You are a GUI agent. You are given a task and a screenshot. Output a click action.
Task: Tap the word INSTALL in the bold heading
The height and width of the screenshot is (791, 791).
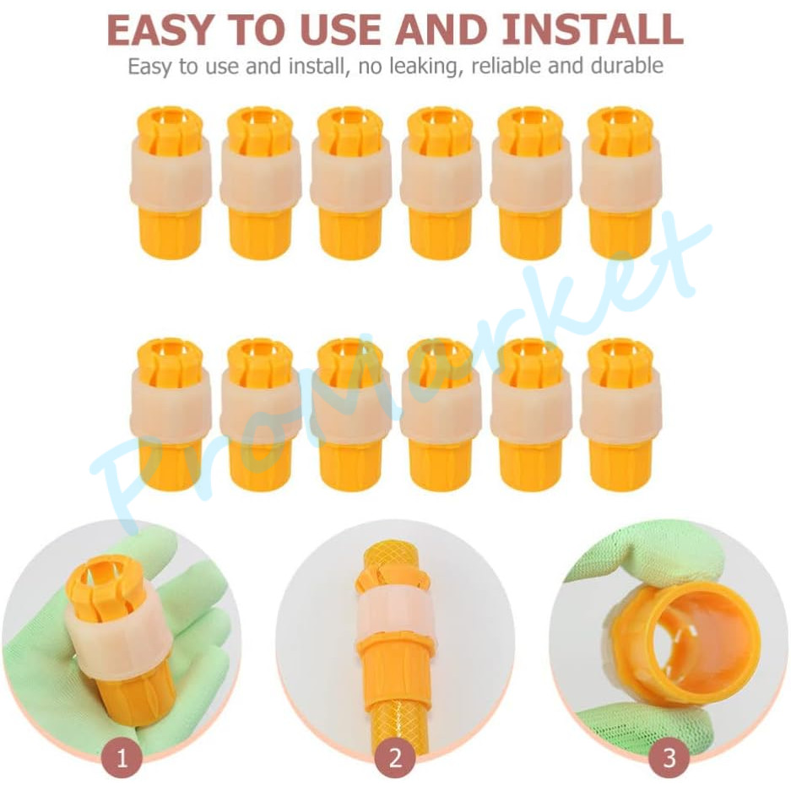click(593, 30)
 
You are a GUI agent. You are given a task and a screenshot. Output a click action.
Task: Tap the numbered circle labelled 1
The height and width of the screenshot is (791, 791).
click(122, 758)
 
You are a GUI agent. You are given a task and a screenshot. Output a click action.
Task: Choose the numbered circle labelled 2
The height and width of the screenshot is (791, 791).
click(395, 758)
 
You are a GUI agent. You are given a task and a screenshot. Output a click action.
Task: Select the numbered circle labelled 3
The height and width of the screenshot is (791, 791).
click(669, 758)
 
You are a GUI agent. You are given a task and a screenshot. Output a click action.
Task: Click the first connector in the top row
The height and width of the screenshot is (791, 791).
click(171, 182)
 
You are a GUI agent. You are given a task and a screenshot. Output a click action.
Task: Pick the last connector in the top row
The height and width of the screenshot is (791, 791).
click(620, 182)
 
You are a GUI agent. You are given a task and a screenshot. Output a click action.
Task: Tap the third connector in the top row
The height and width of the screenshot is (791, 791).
click(350, 182)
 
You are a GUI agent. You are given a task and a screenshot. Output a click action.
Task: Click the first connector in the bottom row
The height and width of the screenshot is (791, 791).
click(171, 414)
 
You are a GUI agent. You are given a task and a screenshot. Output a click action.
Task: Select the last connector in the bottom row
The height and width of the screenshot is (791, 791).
click(620, 414)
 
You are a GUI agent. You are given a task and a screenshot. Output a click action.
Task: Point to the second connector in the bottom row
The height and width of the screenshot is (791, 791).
click(261, 414)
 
